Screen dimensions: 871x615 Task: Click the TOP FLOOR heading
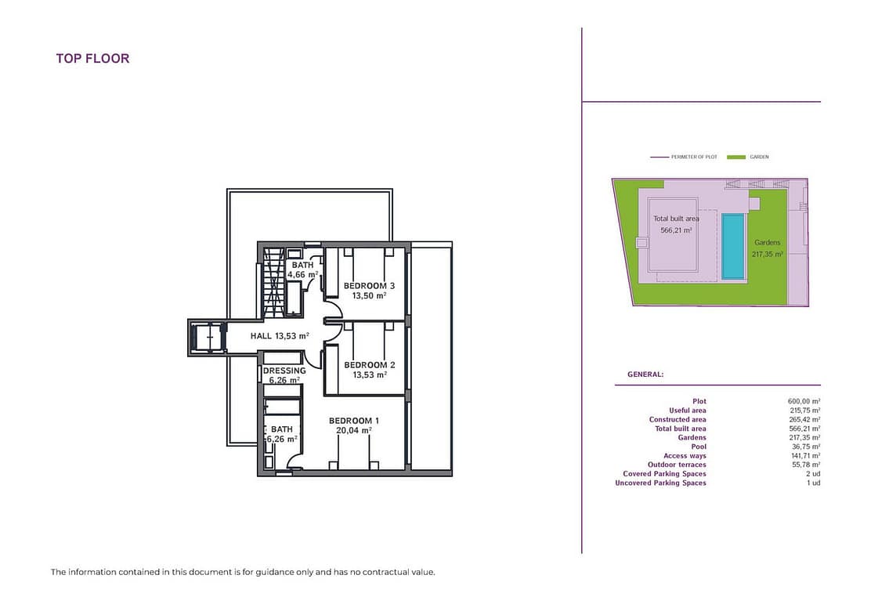pyautogui.click(x=92, y=58)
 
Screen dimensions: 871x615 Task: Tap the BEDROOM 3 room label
pyautogui.click(x=369, y=286)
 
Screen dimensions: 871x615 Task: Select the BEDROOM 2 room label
pyautogui.click(x=370, y=365)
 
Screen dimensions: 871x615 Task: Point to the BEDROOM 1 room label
pyautogui.click(x=354, y=421)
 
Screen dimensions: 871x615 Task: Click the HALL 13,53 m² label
pyautogui.click(x=280, y=335)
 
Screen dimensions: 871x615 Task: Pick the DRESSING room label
pyautogui.click(x=284, y=371)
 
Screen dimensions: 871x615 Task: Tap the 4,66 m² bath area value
pyautogui.click(x=303, y=274)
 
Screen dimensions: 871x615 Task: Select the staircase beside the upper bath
pyautogui.click(x=273, y=283)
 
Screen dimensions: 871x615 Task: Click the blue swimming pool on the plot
pyautogui.click(x=732, y=247)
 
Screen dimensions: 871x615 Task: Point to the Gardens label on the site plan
pyautogui.click(x=767, y=243)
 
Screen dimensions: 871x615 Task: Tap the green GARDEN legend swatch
pyautogui.click(x=736, y=157)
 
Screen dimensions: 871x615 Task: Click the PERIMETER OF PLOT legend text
pyautogui.click(x=694, y=157)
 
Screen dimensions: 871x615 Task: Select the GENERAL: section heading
pyautogui.click(x=645, y=374)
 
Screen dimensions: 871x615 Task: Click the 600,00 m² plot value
pyautogui.click(x=804, y=401)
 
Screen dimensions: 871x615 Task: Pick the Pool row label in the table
pyautogui.click(x=699, y=447)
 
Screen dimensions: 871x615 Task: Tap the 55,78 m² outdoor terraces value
pyautogui.click(x=806, y=465)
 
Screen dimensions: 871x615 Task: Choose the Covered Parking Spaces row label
pyautogui.click(x=664, y=474)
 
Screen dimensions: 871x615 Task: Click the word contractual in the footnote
pyautogui.click(x=389, y=572)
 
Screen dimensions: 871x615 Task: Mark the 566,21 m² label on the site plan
pyautogui.click(x=676, y=230)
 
